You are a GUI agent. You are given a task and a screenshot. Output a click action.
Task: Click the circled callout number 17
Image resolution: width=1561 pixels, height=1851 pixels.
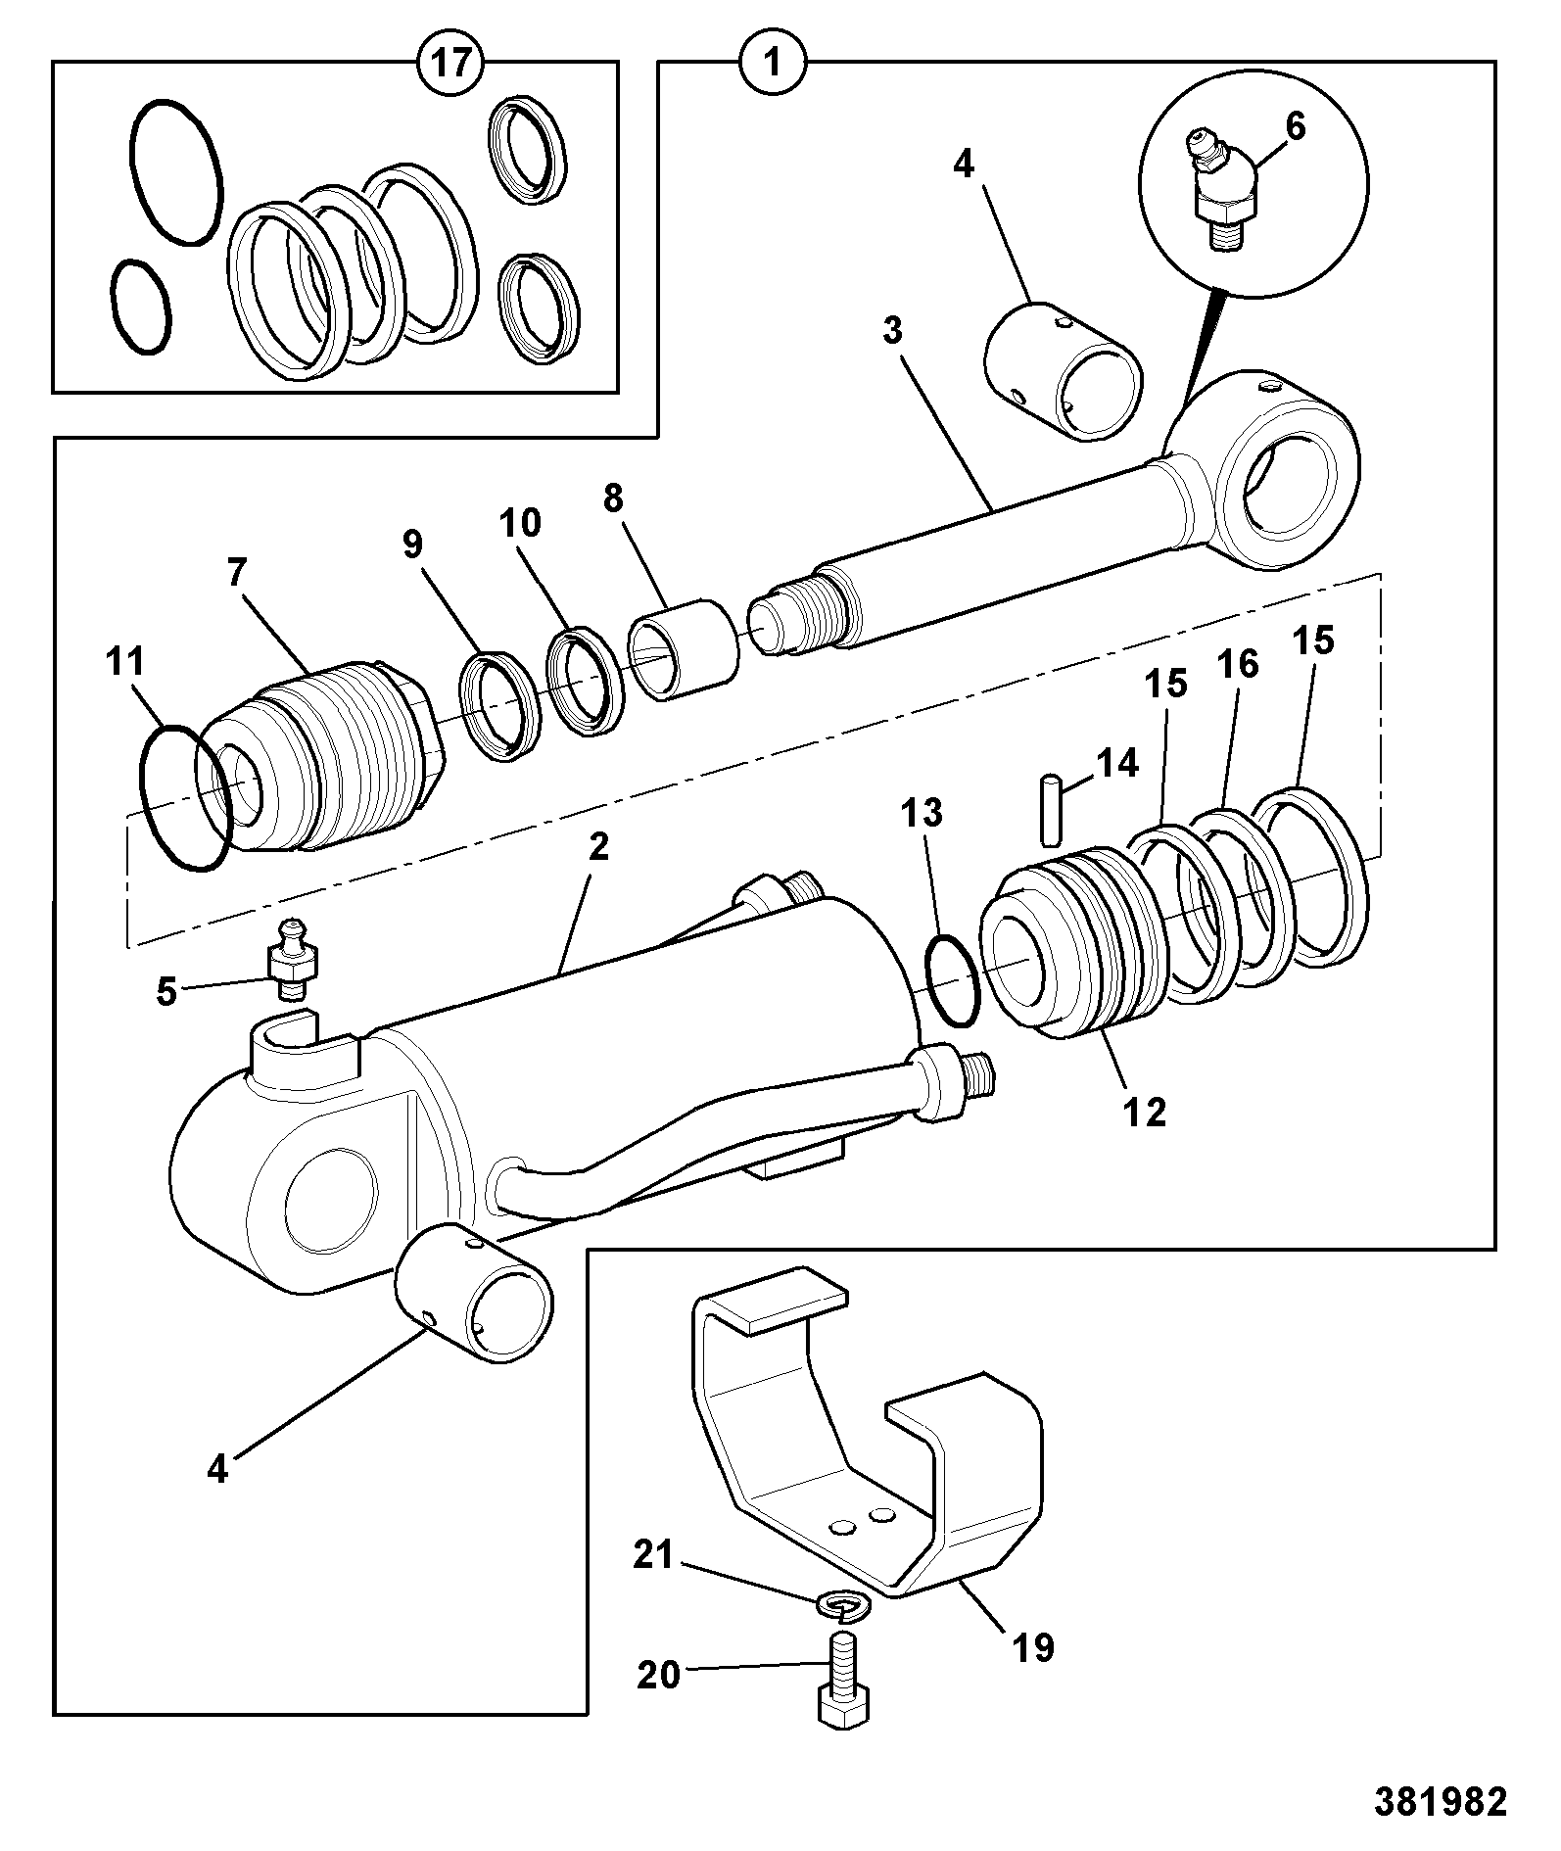450,64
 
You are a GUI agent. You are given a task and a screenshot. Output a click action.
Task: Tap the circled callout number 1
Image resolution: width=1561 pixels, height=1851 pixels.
772,64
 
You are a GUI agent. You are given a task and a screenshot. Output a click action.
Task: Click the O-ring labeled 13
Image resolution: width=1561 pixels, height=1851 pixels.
952,980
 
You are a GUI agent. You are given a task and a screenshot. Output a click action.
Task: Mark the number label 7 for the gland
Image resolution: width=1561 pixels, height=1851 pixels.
237,571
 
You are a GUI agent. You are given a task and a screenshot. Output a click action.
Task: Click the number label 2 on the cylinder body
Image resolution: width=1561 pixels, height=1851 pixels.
598,846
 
